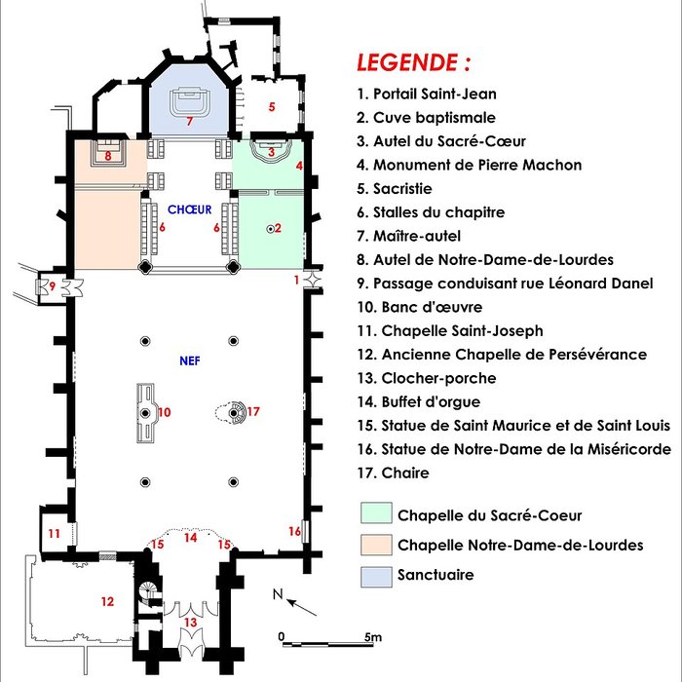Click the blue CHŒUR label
tap(189, 209)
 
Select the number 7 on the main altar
tap(190, 122)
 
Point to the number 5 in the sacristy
tap(272, 105)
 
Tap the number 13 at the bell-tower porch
tap(191, 622)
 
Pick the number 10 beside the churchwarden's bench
tap(165, 413)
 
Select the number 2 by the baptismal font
tap(278, 228)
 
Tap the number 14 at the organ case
tap(191, 537)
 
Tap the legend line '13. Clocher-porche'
tap(427, 378)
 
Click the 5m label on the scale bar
tap(373, 636)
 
